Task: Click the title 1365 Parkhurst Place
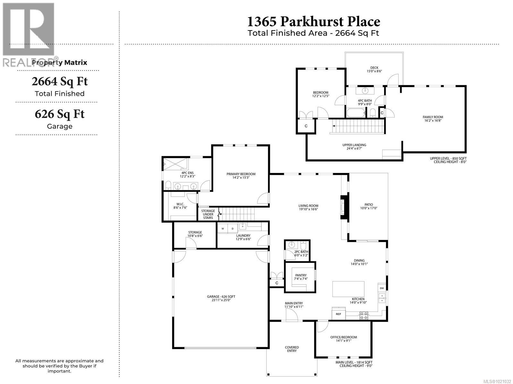click(314, 21)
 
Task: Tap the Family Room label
click(433, 119)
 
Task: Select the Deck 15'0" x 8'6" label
click(374, 69)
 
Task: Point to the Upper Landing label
click(354, 147)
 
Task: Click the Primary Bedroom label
click(241, 176)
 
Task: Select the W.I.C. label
click(180, 206)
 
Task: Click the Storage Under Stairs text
click(208, 214)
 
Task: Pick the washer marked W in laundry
click(223, 229)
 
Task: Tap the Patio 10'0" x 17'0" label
click(368, 206)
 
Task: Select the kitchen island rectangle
click(348, 289)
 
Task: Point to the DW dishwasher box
click(382, 288)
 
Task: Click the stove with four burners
click(363, 315)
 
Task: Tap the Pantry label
click(301, 277)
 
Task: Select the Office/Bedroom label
click(343, 339)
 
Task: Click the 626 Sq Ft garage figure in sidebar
click(60, 114)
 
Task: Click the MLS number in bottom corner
click(495, 381)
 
